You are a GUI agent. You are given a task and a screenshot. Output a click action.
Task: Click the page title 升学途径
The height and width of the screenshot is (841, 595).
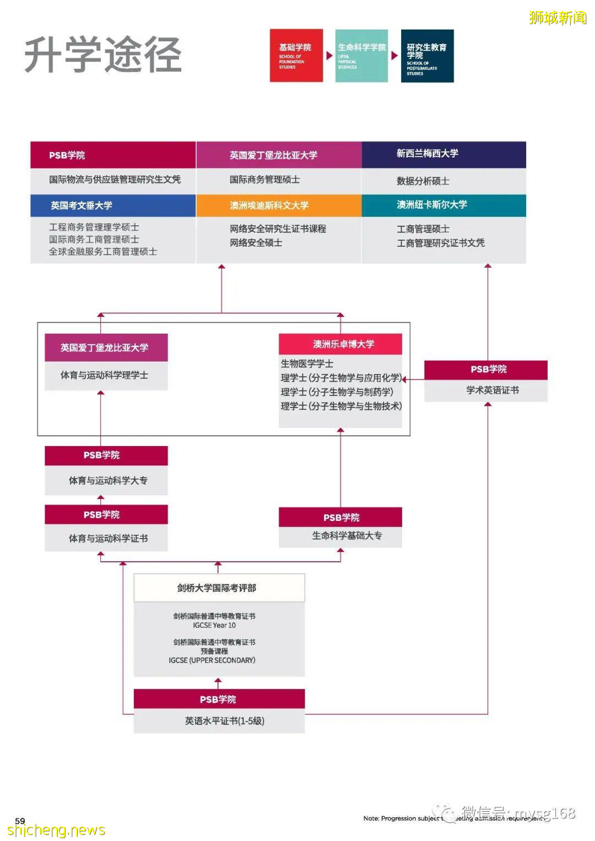pos(103,55)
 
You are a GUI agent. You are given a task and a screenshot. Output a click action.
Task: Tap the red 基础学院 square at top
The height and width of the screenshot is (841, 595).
pos(296,56)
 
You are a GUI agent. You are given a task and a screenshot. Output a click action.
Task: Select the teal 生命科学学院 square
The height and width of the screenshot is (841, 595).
pos(361,56)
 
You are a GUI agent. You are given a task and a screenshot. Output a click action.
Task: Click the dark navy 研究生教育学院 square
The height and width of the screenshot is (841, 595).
pos(427,56)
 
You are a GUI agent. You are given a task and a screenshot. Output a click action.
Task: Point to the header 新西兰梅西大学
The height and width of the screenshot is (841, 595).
pos(428,154)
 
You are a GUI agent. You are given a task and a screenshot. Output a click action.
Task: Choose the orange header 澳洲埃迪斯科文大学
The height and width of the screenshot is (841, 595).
pos(269,205)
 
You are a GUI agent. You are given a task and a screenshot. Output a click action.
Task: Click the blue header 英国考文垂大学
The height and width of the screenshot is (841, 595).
pos(82,205)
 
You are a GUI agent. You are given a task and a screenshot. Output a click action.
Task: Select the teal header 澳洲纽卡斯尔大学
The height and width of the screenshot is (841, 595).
pos(432,205)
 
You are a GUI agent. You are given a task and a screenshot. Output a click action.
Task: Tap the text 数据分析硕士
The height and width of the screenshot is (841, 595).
pos(423,181)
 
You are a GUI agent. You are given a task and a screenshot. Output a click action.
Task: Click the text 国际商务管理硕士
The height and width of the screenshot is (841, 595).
pos(265,180)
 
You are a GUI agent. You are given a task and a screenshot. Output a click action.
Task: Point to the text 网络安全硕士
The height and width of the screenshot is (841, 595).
pos(256,242)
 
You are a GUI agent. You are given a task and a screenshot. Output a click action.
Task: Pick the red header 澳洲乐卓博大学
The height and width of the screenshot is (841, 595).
pos(343,344)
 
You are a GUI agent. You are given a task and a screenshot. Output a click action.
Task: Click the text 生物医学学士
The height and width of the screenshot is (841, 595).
pos(307,363)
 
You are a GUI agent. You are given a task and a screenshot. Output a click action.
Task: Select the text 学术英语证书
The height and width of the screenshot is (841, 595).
pos(493,390)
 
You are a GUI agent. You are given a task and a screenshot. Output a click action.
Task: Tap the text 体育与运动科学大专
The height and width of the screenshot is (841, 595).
pos(108,480)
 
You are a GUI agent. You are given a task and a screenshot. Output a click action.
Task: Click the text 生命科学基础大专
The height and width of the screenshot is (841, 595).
pos(347,535)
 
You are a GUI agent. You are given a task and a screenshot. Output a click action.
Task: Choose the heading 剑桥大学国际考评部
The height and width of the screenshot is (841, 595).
pos(217,588)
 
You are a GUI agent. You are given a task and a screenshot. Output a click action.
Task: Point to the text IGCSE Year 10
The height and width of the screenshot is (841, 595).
pos(214,625)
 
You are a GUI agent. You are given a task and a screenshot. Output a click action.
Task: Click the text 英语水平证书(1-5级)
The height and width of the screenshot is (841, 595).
pos(225,720)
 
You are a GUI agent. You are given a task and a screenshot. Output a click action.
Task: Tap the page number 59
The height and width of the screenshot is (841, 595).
pos(20,821)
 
